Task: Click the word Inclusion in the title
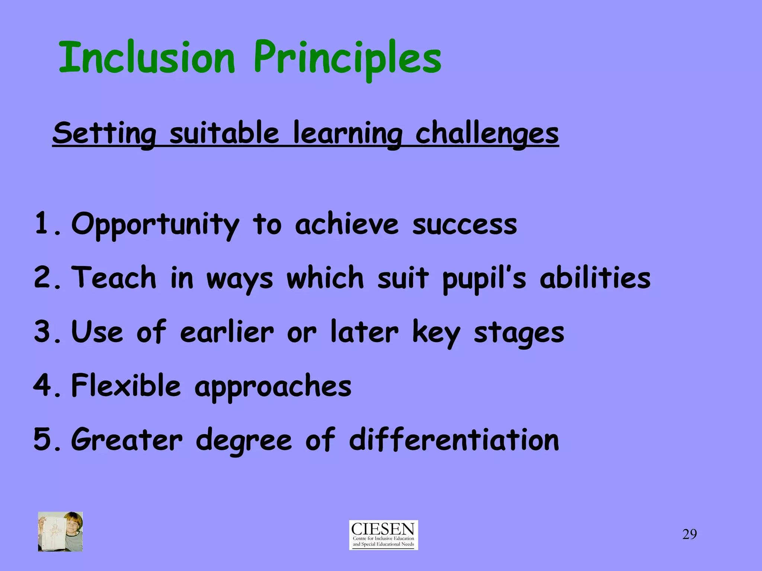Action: click(147, 58)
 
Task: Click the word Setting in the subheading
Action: click(104, 134)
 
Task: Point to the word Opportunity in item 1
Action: click(155, 225)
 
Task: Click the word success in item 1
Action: click(465, 225)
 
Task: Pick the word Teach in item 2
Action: click(114, 278)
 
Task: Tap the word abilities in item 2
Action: click(595, 278)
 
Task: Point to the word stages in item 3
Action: click(519, 333)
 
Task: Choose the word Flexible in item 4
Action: click(126, 385)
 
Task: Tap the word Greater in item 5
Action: click(127, 440)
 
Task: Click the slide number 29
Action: click(689, 534)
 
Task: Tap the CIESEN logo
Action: click(383, 535)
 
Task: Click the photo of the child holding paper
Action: click(60, 531)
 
